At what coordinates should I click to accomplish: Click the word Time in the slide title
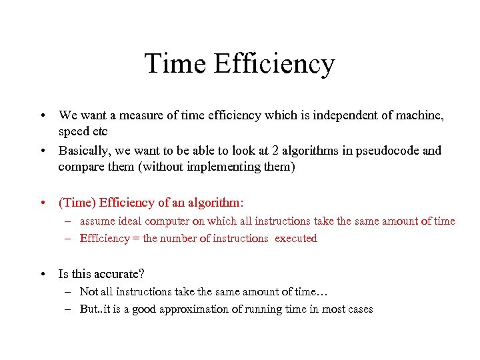point(174,64)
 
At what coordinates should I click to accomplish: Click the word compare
point(79,167)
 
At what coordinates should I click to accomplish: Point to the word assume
point(98,221)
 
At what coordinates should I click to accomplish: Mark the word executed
point(296,239)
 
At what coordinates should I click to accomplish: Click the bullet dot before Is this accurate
point(43,274)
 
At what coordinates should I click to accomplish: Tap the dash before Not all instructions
point(68,291)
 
